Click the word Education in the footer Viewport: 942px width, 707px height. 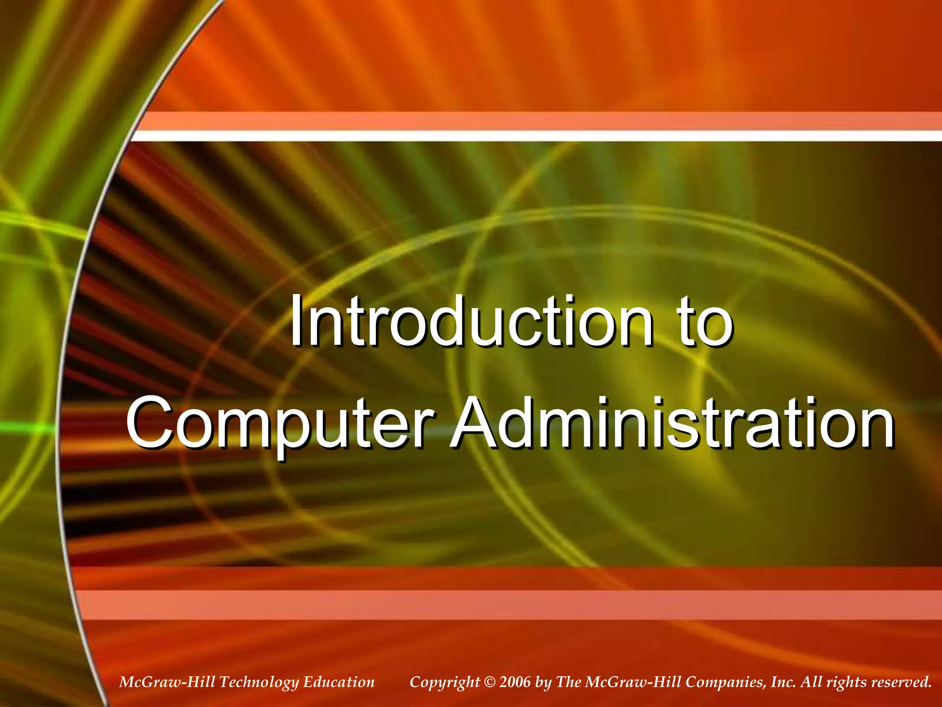click(x=339, y=682)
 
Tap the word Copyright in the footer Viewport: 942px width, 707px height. click(x=444, y=683)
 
